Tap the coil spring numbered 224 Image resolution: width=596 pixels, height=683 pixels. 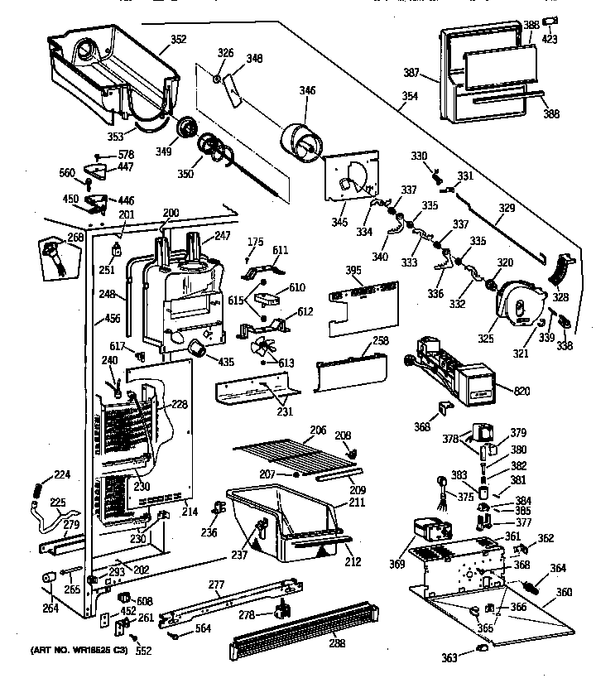click(x=36, y=491)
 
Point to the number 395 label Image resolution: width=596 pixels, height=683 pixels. click(x=353, y=271)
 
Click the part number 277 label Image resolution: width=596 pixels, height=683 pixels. click(x=216, y=584)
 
